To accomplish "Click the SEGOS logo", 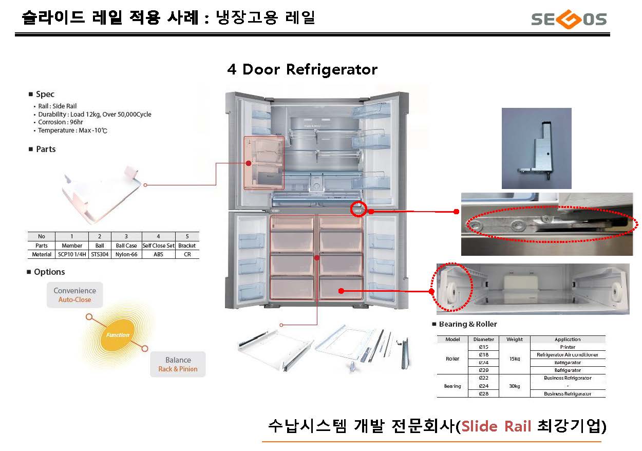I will click(x=569, y=20).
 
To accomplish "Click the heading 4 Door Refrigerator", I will click(x=302, y=69).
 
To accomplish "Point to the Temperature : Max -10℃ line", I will click(x=72, y=130).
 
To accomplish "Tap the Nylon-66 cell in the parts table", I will click(x=126, y=254).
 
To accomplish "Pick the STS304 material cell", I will click(x=100, y=254).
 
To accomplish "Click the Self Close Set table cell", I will click(x=158, y=246).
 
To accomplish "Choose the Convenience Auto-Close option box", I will click(x=75, y=295).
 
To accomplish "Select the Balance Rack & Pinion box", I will click(x=178, y=364).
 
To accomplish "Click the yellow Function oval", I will click(x=118, y=335).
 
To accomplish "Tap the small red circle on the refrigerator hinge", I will click(x=358, y=209).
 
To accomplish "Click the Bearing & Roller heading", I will click(x=467, y=324).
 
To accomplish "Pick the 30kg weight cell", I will click(x=514, y=386).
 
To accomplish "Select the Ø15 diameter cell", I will click(x=483, y=347).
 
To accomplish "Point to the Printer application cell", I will click(x=568, y=347).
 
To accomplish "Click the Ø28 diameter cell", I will click(x=483, y=393).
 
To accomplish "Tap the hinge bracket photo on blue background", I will click(x=536, y=148).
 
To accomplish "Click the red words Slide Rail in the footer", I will click(x=496, y=426).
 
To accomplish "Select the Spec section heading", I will click(x=45, y=94).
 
